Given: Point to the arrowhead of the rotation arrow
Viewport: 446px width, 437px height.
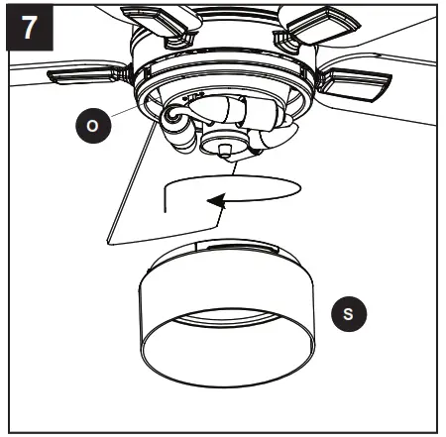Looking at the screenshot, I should pos(212,202).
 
